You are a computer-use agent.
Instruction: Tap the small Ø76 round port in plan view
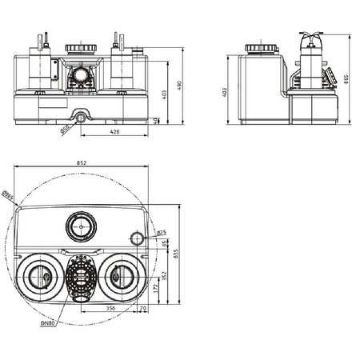click(x=137, y=238)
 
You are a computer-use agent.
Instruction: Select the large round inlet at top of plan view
click(x=81, y=226)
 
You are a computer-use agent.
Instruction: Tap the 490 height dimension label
click(x=180, y=84)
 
